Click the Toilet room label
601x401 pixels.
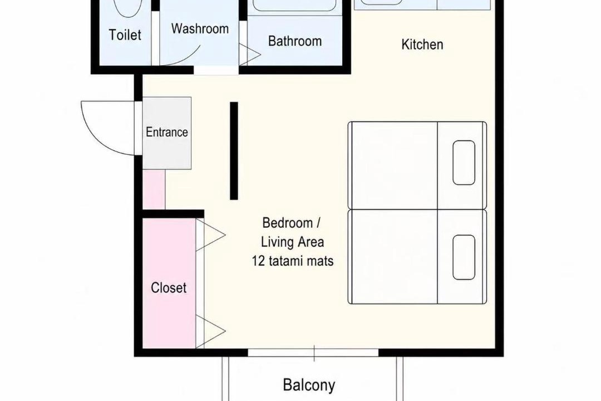[125, 35]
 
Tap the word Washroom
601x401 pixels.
[200, 29]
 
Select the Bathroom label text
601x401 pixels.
[295, 41]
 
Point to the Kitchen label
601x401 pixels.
[422, 45]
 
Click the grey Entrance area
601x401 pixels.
[167, 133]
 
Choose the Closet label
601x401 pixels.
[168, 288]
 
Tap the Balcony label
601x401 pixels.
[309, 385]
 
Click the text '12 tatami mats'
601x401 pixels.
[293, 261]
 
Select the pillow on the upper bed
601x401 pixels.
[464, 163]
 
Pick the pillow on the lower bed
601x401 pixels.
[464, 257]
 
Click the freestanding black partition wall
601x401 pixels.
[234, 151]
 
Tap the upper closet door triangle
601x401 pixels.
[210, 235]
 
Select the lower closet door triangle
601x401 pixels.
[210, 331]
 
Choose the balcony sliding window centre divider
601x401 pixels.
[314, 353]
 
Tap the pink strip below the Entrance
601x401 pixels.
[154, 189]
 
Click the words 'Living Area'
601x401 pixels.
[293, 242]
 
